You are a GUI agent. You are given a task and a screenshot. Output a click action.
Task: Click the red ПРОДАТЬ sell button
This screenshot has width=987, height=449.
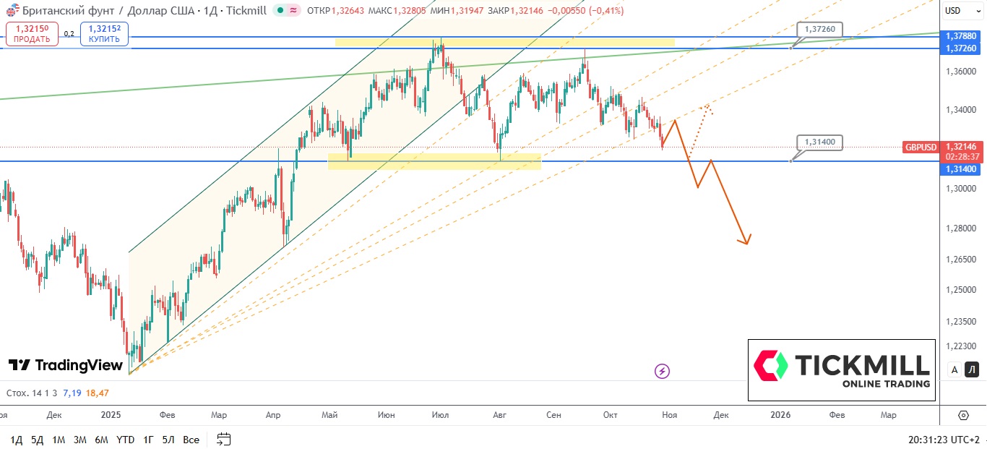(x=31, y=34)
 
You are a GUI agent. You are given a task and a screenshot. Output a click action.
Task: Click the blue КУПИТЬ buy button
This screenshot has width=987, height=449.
(x=104, y=34)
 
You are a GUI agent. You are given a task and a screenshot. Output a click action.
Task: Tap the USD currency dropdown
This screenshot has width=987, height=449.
(x=953, y=10)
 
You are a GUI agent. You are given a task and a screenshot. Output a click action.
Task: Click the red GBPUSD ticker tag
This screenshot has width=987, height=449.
(x=921, y=147)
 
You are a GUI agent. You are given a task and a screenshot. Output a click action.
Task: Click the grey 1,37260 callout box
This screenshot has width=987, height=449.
(x=819, y=29)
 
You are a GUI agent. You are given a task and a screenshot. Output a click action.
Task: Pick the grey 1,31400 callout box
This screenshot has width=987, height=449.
(x=819, y=142)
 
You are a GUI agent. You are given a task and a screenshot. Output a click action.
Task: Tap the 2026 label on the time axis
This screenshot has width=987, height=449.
(x=780, y=415)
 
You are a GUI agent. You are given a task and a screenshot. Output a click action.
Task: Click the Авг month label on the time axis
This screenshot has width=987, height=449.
(x=499, y=415)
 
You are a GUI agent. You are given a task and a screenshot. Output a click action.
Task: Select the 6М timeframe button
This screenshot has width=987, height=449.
(x=101, y=440)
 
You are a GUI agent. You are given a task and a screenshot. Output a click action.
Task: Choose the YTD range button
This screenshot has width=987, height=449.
(x=125, y=440)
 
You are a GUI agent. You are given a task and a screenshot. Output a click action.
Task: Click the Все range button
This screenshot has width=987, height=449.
(x=191, y=440)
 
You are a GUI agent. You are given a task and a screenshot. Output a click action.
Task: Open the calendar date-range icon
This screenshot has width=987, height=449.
(x=223, y=439)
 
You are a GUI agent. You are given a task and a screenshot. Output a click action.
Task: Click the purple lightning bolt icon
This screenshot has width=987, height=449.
(x=663, y=372)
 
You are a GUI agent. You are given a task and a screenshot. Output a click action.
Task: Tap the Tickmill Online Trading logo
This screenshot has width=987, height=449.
(x=841, y=370)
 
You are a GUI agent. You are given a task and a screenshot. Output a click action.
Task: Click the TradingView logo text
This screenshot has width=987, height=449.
(x=66, y=365)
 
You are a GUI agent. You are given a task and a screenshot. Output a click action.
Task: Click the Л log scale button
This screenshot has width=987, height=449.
(x=972, y=370)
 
